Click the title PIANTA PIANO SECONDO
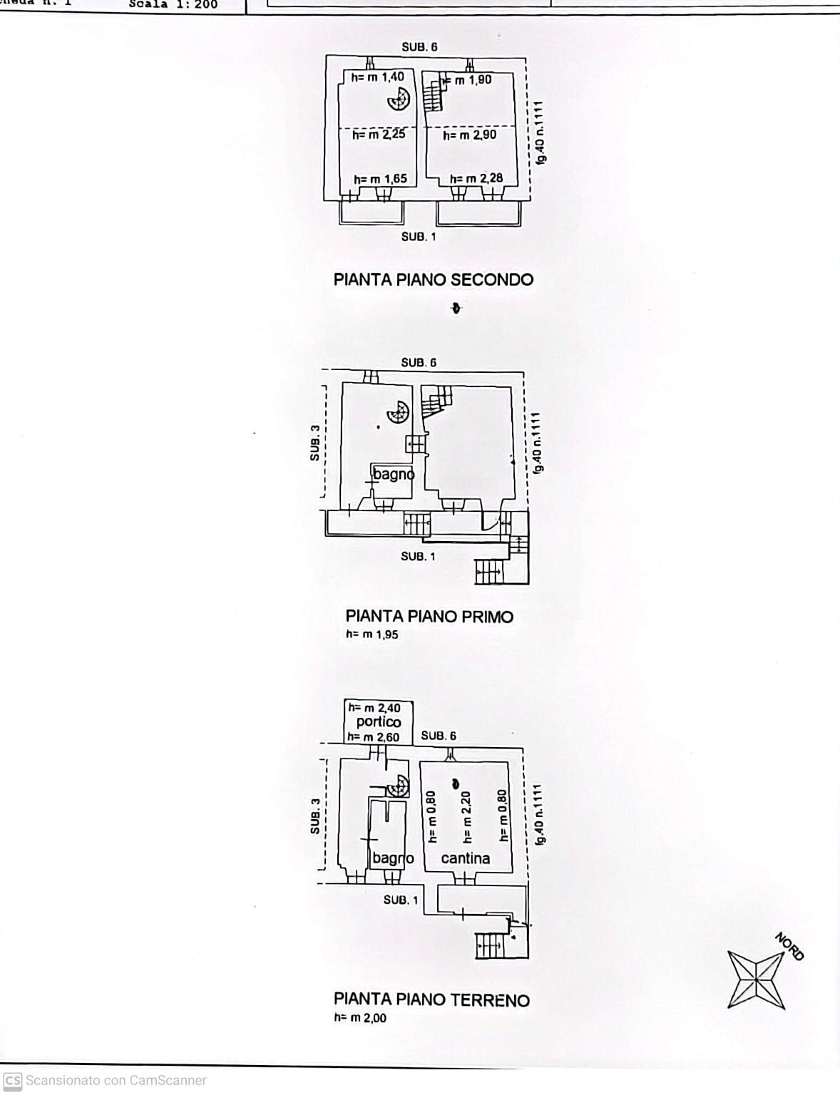tap(433, 279)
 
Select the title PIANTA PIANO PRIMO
tap(429, 617)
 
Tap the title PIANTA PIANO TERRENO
tap(431, 1000)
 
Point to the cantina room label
tap(465, 858)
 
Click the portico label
tap(378, 722)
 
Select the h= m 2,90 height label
tap(469, 135)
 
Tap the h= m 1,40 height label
tap(377, 77)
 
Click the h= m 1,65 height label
tap(380, 179)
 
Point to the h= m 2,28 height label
tap(476, 179)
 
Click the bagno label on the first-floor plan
tap(394, 475)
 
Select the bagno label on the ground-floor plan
tap(392, 858)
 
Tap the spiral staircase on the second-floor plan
tap(399, 99)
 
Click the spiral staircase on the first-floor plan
tap(398, 412)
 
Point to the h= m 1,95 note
tap(372, 634)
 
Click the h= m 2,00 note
tap(360, 1018)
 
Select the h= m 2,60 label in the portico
tap(373, 737)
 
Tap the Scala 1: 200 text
tap(173, 4)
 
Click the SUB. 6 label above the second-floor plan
tap(419, 47)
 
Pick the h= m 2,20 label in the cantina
tap(466, 817)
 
